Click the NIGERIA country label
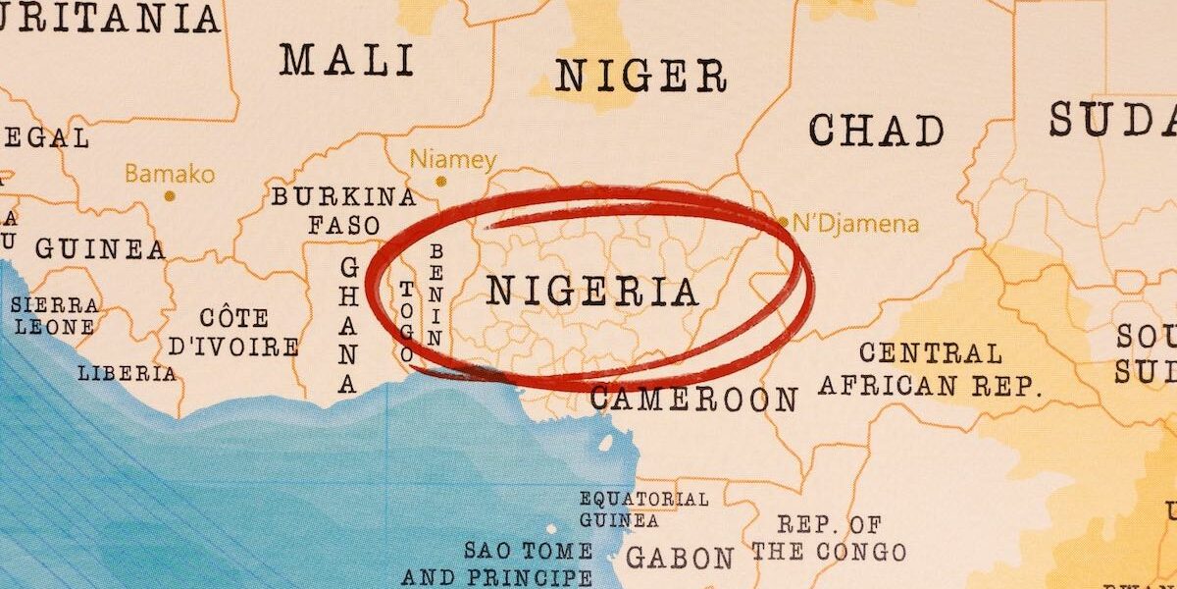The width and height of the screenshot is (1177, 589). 592,292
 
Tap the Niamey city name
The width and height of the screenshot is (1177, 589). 452,159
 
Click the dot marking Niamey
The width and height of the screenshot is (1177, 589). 440,182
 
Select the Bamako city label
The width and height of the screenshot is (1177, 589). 169,175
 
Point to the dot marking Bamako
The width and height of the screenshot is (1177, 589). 170,196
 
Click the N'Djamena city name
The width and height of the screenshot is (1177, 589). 855,224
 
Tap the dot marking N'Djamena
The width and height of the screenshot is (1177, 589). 783,222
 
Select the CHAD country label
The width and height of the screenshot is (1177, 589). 876,130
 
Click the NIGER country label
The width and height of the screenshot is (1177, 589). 640,76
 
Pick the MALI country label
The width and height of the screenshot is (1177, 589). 347,60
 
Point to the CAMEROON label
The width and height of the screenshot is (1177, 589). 693,400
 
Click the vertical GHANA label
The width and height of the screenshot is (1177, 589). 348,325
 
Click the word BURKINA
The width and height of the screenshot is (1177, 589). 343,196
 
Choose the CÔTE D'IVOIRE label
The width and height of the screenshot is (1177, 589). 233,333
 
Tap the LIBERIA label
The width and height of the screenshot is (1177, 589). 128,373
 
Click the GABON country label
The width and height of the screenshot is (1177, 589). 679,558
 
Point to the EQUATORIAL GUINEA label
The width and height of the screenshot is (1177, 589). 642,509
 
